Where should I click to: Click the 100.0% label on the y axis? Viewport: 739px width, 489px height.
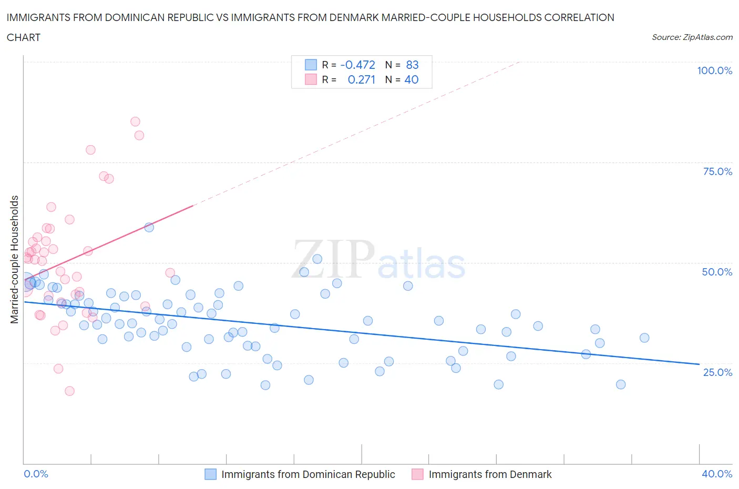click(714, 70)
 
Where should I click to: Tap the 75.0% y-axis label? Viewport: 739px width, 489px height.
click(717, 171)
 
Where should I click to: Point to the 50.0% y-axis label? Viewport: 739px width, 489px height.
click(717, 272)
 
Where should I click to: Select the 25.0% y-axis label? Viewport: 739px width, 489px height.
click(717, 372)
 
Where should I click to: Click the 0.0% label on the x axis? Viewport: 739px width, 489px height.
click(36, 474)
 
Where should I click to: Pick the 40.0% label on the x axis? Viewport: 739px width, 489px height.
click(717, 474)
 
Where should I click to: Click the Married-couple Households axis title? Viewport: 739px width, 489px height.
click(15, 259)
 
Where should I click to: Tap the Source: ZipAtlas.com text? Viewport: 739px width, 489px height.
click(692, 37)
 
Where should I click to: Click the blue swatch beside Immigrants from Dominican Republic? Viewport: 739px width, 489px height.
click(210, 474)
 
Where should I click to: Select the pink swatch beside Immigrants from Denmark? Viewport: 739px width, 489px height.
click(417, 474)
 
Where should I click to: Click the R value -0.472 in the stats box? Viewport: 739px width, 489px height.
click(357, 65)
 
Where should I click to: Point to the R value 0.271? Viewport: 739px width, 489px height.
click(361, 79)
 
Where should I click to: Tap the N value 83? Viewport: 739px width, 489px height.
click(412, 65)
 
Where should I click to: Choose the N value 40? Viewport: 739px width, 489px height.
click(411, 79)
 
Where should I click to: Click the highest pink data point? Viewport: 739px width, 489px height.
click(135, 121)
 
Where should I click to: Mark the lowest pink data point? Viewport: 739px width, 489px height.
click(69, 391)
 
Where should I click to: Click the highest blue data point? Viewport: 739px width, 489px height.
click(149, 227)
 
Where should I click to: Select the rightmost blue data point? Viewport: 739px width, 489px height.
click(644, 338)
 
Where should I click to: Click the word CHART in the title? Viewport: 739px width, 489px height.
click(24, 37)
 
